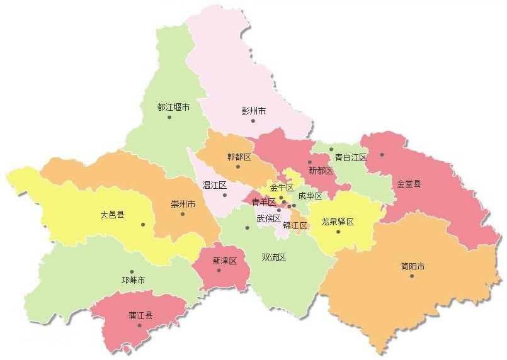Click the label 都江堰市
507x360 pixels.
(174, 107)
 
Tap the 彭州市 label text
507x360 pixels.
(254, 111)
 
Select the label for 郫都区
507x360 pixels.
(239, 157)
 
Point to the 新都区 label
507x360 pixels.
(321, 171)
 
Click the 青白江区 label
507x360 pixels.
(350, 157)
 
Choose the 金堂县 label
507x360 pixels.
(409, 184)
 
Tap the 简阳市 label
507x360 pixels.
(413, 266)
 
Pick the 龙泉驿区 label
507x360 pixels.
(338, 222)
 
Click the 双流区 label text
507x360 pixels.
(274, 257)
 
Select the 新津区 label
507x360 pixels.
(224, 261)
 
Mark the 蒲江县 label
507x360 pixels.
(140, 315)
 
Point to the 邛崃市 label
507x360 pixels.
(134, 280)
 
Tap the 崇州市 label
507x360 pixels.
(183, 205)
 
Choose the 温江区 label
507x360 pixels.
(214, 185)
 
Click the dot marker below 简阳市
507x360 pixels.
(412, 276)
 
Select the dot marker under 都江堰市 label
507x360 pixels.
(169, 117)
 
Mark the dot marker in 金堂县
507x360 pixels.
(382, 154)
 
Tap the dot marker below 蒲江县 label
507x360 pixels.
(139, 325)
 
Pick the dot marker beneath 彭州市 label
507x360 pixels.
(253, 120)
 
